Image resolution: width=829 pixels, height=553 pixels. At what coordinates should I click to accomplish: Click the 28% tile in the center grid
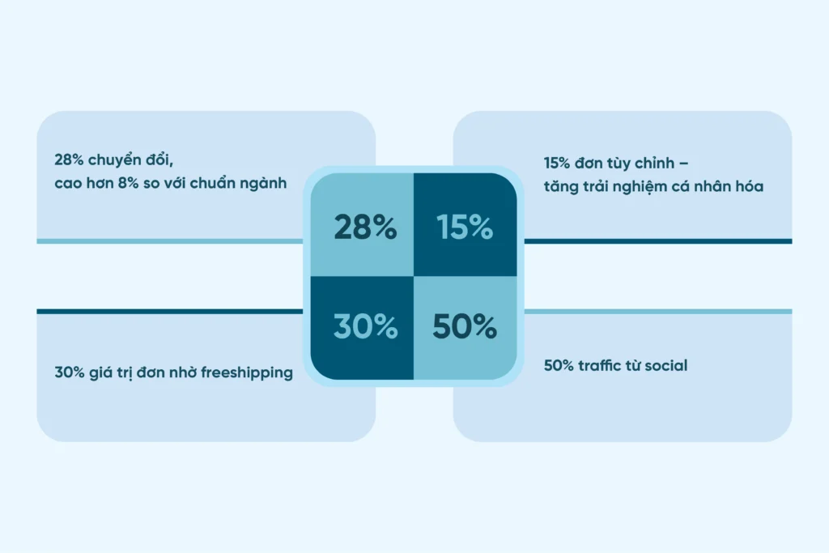(362, 225)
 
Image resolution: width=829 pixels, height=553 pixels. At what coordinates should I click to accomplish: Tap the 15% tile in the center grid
(466, 225)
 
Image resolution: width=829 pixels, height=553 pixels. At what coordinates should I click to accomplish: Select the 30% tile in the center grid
(362, 328)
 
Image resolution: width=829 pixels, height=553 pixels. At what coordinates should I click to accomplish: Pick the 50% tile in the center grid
(466, 328)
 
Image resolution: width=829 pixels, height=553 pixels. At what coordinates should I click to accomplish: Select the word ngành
(263, 184)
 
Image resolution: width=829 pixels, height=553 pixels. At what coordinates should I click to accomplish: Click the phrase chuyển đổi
(130, 160)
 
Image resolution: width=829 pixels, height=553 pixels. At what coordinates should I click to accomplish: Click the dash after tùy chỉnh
(683, 164)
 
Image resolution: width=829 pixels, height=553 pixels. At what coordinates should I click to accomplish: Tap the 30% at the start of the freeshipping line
(70, 372)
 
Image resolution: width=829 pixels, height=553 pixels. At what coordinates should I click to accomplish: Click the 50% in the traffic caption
(559, 365)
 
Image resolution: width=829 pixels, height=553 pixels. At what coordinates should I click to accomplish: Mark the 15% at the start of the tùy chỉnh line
(557, 164)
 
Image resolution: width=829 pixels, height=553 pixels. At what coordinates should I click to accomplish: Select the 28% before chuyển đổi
(69, 160)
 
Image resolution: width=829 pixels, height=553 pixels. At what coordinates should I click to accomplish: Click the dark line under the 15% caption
(658, 241)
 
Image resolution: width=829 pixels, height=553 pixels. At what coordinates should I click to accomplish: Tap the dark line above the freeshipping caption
(170, 312)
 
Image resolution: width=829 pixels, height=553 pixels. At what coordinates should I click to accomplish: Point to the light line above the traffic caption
(658, 312)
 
